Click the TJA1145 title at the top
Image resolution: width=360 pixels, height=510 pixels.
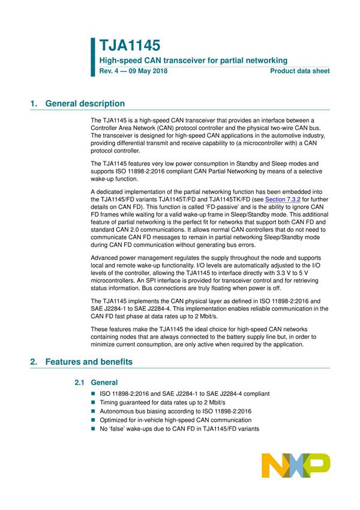(130, 45)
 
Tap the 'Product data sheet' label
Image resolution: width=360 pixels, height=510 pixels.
(299, 71)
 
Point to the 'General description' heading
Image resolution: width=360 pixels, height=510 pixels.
(85, 103)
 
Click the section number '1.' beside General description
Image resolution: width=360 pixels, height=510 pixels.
(34, 103)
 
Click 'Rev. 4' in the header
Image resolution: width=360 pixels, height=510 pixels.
(109, 71)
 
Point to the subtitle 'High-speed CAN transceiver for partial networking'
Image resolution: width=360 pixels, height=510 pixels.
(193, 60)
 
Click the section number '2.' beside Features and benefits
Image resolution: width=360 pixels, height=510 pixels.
(34, 362)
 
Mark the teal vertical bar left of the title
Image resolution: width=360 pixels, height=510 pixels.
(93, 56)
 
